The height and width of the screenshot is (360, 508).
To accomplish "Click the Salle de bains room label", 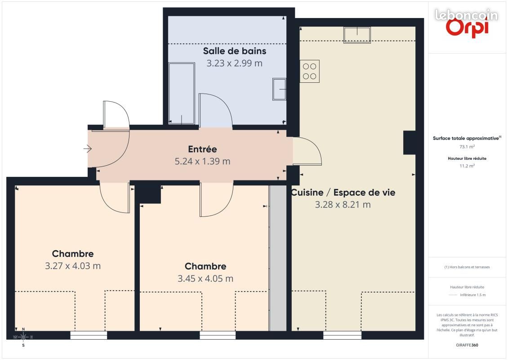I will (234, 51).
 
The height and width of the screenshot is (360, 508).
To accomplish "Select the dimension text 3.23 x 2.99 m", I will (234, 63).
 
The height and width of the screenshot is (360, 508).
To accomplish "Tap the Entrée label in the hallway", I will (202, 149).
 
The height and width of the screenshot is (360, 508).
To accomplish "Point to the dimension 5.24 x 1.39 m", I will (202, 161).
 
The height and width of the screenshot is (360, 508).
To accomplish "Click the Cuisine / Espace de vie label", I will (343, 193).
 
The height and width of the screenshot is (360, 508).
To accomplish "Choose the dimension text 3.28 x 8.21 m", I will (343, 205).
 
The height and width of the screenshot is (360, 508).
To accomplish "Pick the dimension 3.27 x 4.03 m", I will (73, 266).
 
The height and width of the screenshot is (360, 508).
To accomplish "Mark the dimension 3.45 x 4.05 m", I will (205, 279).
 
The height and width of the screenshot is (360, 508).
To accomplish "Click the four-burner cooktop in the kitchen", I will (310, 71).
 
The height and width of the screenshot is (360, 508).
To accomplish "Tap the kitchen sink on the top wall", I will (357, 35).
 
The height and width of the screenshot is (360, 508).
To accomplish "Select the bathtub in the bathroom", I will (182, 93).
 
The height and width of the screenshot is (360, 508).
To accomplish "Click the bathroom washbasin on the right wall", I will (279, 89).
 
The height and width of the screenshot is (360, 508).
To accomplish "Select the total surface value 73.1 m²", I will (467, 147).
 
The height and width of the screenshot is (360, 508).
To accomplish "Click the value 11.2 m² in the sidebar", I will (467, 166).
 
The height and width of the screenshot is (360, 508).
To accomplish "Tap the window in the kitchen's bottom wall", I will (342, 335).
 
